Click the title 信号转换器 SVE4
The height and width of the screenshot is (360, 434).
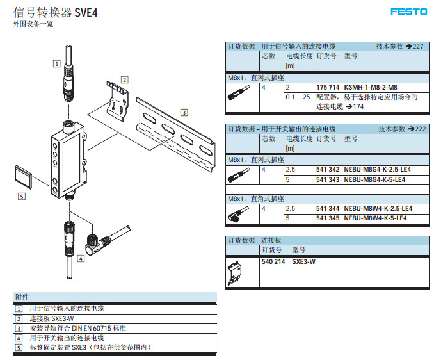point(55,12)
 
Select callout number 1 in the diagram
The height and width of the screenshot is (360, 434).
point(57,63)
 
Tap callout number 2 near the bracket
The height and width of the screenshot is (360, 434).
point(124,79)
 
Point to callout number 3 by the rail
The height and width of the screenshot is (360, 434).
point(184,112)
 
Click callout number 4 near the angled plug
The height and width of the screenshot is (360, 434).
point(80,259)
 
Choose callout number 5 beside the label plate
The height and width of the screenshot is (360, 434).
point(22,197)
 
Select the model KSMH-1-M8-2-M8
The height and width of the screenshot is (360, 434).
point(371,87)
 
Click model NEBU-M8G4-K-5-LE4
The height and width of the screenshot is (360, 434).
point(377,180)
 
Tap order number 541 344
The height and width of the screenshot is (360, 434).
point(328,209)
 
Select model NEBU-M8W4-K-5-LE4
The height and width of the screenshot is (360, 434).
point(378,218)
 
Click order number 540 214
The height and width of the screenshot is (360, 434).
point(273,262)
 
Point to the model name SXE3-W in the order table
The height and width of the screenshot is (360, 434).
point(303,262)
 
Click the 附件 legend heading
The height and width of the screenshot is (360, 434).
point(22,297)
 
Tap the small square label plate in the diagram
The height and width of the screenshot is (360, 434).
point(22,176)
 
